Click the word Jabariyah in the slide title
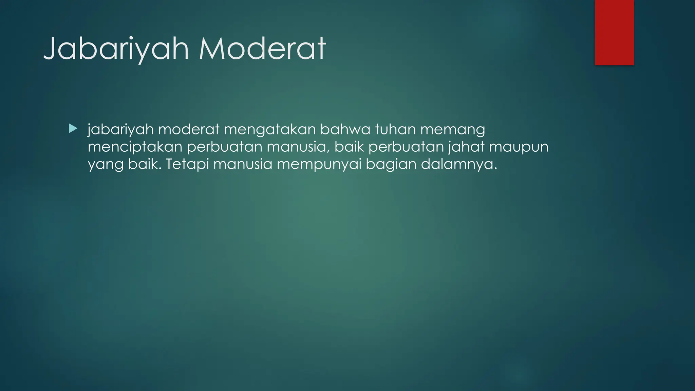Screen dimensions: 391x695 tap(116, 49)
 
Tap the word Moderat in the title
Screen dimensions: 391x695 tap(262, 49)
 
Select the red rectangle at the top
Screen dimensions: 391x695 tap(614, 32)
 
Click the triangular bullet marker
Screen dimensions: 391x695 tap(73, 129)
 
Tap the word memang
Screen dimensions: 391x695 tap(453, 130)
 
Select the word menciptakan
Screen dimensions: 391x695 tap(135, 147)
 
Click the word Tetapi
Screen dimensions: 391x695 tap(187, 165)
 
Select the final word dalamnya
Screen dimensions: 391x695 tap(459, 165)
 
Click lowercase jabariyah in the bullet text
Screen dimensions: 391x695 tap(120, 130)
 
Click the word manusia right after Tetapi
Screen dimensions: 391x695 tap(243, 165)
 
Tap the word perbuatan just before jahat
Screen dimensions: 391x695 tap(406, 147)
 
